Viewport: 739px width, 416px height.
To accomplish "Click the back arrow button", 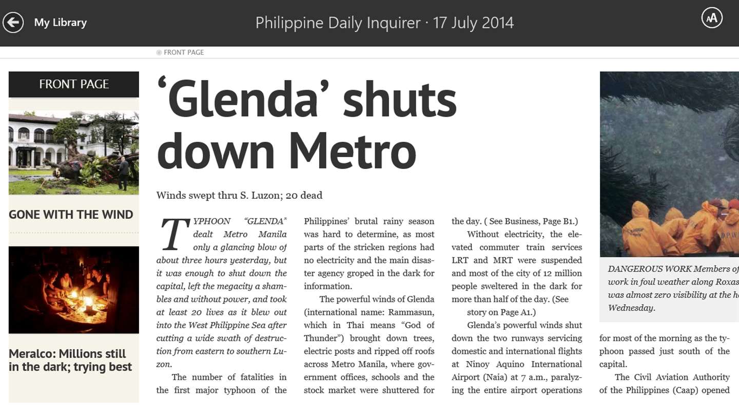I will point(13,22).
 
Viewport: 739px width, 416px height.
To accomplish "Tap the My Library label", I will point(60,23).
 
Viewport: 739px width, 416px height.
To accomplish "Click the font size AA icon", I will point(712,18).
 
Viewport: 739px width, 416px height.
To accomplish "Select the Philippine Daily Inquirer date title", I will point(384,23).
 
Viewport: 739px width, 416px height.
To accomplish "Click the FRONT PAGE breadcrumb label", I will point(183,52).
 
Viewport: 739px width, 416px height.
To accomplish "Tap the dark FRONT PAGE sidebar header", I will point(74,84).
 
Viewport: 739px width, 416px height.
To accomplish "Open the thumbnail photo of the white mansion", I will point(74,153).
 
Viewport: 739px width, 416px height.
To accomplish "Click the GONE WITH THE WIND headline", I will point(71,215).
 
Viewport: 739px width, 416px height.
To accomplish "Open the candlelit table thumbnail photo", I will point(74,290).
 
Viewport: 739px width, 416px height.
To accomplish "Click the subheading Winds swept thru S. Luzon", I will point(239,196).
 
